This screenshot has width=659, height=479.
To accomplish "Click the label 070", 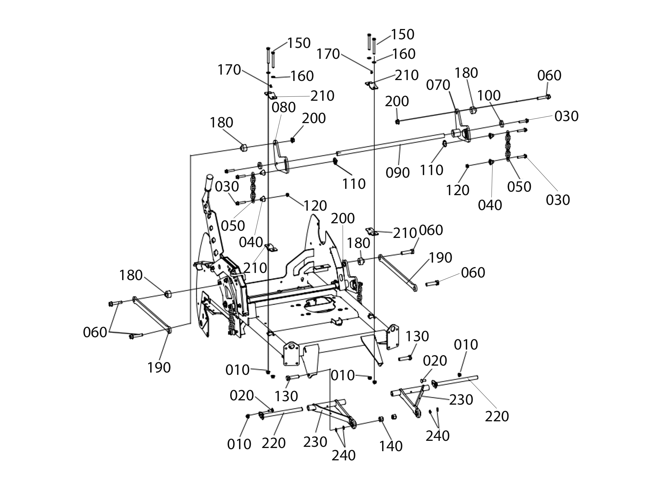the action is [438, 85].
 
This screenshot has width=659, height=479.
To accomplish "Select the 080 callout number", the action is [283, 107].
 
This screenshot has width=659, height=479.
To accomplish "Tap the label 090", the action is [398, 172].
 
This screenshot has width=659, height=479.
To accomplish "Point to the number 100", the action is [489, 96].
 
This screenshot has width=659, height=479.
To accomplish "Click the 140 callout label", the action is [391, 446].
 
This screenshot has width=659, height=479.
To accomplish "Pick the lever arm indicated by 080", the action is [281, 158].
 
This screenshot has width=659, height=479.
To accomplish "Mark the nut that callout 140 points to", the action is [380, 419].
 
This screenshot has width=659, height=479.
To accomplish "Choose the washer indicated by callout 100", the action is [501, 124].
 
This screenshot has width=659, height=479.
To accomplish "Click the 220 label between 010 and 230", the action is [274, 443].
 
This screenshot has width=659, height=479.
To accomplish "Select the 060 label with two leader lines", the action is [95, 332].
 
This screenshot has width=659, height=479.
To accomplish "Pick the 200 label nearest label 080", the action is [314, 118].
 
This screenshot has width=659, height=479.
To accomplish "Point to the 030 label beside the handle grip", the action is [227, 187].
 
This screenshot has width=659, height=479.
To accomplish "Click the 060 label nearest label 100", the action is [549, 75].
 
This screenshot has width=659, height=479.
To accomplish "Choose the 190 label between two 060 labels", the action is [441, 257].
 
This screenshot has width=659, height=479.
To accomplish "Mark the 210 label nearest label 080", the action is [322, 96].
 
